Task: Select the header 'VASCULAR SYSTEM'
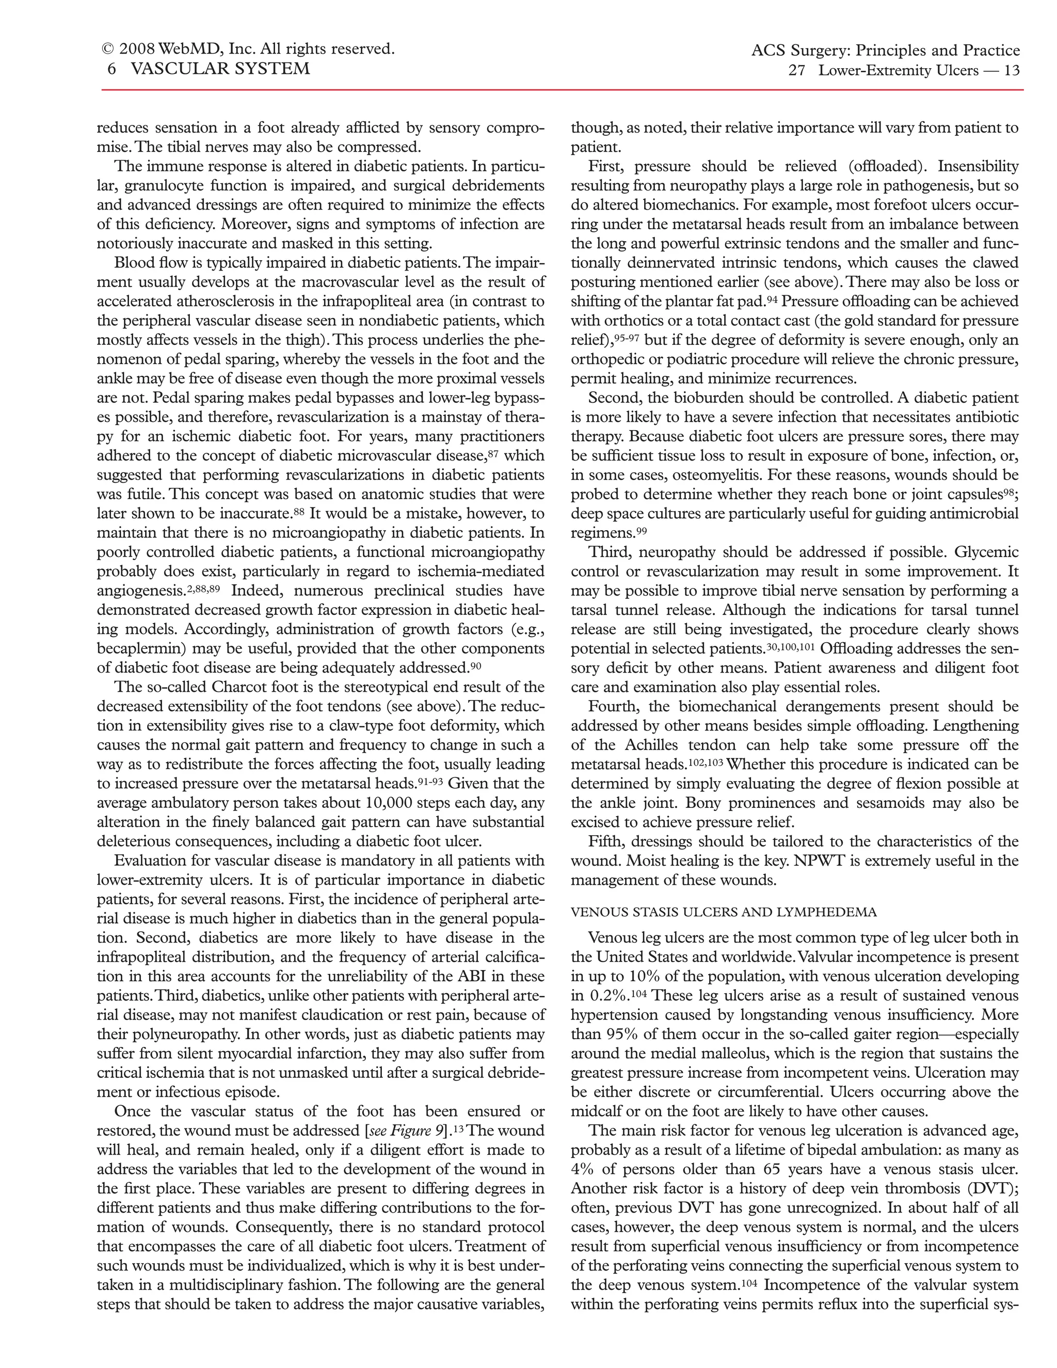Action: click(x=220, y=69)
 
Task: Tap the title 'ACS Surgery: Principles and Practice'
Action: click(x=886, y=51)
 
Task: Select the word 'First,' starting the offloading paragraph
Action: click(x=607, y=167)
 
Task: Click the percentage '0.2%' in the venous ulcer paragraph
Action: click(x=607, y=996)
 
